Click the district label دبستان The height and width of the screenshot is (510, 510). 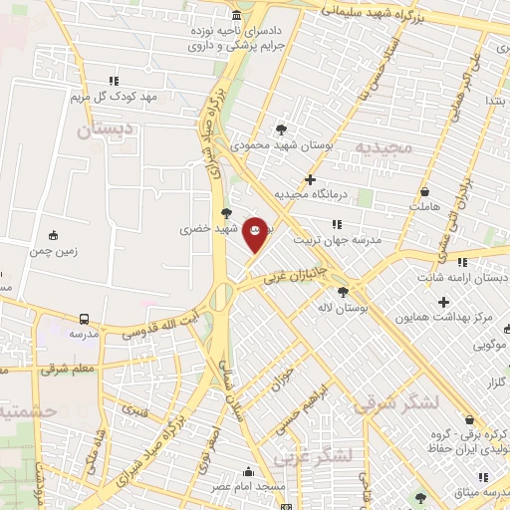tap(104, 129)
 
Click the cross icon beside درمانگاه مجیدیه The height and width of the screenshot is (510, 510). tap(311, 180)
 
